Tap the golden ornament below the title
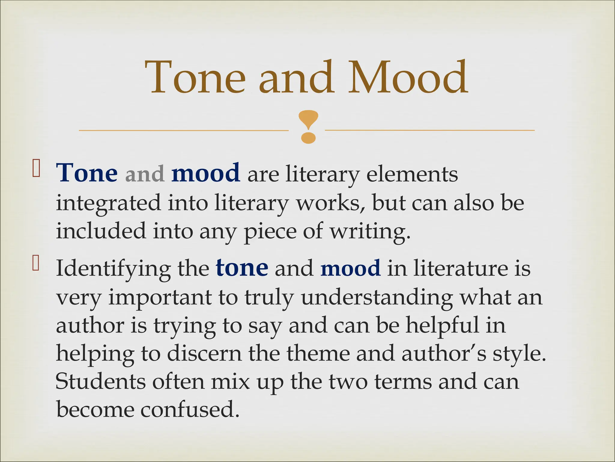308,127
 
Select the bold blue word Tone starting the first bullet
87,174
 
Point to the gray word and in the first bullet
145,174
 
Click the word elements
412,174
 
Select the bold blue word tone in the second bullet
242,268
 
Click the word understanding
377,298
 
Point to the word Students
100,381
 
